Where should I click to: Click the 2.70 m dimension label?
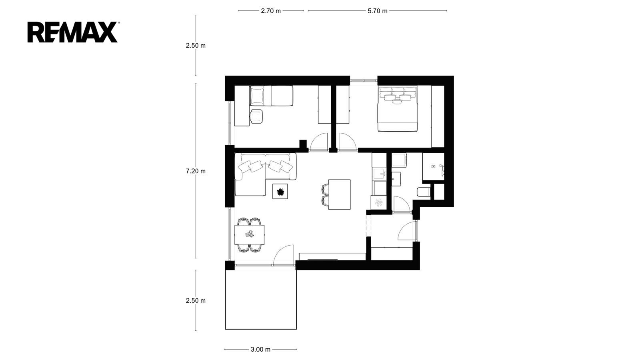271,11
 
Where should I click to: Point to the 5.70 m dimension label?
378,11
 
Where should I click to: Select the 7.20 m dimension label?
196,171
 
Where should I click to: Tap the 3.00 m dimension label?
260,350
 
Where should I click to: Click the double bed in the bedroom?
398,109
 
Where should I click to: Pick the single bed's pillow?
257,96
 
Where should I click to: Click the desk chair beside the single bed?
256,116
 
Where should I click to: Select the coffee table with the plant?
280,191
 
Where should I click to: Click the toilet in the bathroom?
424,192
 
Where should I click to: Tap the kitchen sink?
379,174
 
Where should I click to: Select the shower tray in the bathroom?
434,166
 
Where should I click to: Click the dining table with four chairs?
250,235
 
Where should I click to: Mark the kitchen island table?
340,194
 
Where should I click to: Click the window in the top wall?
364,80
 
